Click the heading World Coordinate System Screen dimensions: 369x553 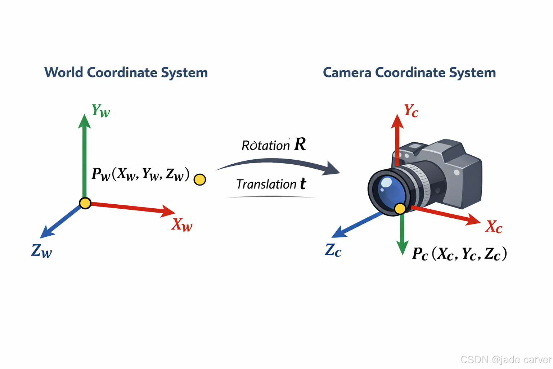[x=126, y=72]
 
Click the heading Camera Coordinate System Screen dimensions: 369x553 [x=409, y=72]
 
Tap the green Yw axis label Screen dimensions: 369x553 [x=100, y=111]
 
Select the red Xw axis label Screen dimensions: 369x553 [x=182, y=224]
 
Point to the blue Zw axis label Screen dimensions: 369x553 [x=42, y=250]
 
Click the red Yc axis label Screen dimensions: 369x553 [x=411, y=111]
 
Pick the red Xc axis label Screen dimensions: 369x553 [x=494, y=227]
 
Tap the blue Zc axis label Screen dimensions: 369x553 [x=333, y=250]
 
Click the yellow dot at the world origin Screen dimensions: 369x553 [x=85, y=203]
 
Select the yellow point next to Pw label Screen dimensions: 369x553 [x=200, y=179]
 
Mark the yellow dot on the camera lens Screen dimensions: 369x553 [x=400, y=208]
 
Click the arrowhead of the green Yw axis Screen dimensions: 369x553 [x=84, y=121]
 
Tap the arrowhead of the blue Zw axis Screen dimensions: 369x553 [x=46, y=232]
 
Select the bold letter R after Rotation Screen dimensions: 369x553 [x=300, y=144]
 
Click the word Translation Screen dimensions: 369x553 [x=266, y=184]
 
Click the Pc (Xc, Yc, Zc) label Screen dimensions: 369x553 [x=459, y=254]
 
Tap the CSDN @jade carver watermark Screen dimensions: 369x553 [x=505, y=359]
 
